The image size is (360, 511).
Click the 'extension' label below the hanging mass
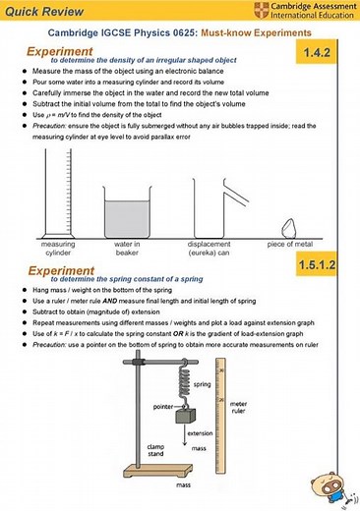tap(200, 432)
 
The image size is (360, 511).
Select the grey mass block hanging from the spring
tap(182, 417)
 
